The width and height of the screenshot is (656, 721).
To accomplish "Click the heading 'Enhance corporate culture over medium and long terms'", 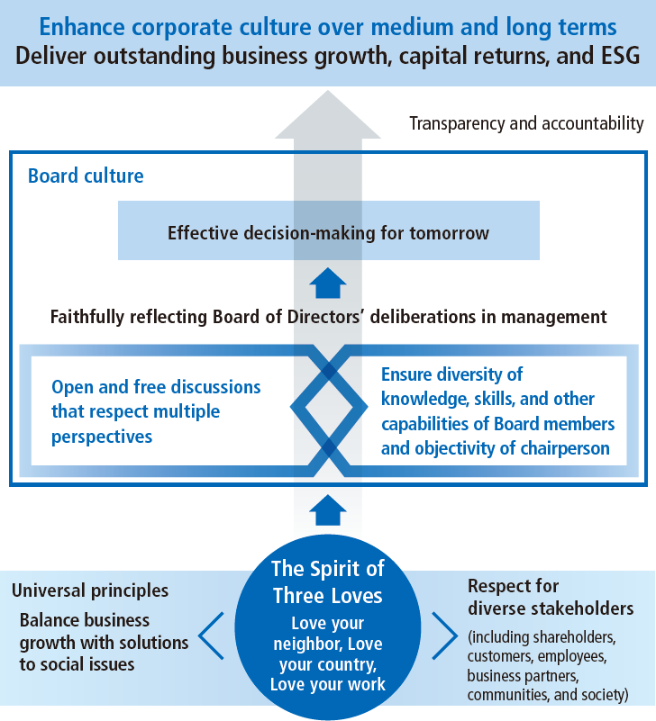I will coord(328,23).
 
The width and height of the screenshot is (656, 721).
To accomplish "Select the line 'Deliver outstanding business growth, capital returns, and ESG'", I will coord(328,56).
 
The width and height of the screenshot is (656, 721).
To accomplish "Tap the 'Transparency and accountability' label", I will coord(526,123).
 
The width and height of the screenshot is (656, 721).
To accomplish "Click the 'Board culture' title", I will coord(86,176).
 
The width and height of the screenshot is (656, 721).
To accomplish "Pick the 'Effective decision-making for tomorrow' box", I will coord(328,233).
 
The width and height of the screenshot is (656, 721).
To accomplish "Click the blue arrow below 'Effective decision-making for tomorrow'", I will coord(328,284).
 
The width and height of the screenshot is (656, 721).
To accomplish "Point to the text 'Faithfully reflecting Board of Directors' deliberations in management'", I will coord(328,317).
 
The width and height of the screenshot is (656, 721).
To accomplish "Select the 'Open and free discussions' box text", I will coord(156,411).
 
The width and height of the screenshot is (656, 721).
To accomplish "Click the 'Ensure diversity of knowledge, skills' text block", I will coord(497,411).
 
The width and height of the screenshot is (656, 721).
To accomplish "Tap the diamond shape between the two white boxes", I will coord(328,410).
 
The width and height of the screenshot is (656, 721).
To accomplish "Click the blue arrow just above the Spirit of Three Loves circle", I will coord(328,511).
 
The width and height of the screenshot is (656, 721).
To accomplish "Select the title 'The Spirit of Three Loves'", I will coord(328,581).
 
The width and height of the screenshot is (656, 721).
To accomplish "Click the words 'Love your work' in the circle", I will coord(328,684).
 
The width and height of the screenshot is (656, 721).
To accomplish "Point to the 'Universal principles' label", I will coord(90,590).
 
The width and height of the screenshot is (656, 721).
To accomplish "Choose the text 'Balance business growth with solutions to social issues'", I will coord(104,642).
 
